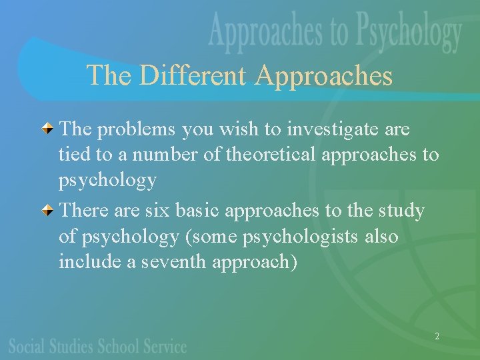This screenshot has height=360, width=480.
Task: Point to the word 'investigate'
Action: coord(329,129)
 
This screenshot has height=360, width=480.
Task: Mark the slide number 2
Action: coord(437,337)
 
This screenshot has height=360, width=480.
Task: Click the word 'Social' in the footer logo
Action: coord(29,346)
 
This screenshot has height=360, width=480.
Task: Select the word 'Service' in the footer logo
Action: coord(165,346)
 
